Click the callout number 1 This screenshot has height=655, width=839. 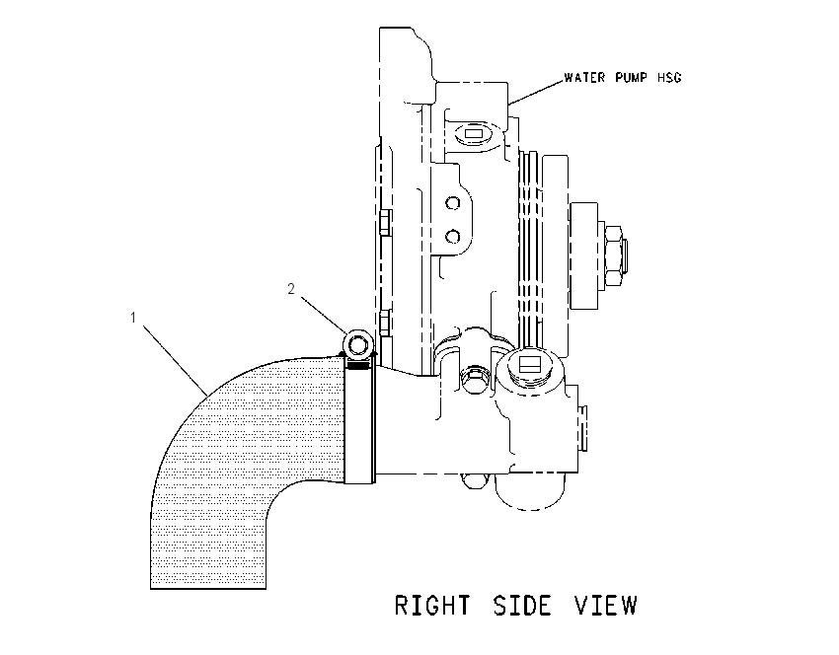pyautogui.click(x=133, y=318)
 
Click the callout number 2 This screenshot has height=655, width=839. pyautogui.click(x=291, y=289)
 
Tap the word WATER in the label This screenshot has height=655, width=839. pyautogui.click(x=585, y=78)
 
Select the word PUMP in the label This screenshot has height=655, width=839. pyautogui.click(x=631, y=78)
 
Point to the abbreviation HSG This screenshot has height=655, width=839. pyautogui.click(x=669, y=78)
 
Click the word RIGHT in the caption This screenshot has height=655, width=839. pyautogui.click(x=433, y=606)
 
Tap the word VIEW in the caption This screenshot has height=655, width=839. pyautogui.click(x=606, y=606)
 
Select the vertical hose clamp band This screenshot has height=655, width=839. pyautogui.click(x=359, y=421)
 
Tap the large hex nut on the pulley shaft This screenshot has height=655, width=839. pyautogui.click(x=613, y=255)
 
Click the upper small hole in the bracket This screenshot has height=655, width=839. pyautogui.click(x=453, y=203)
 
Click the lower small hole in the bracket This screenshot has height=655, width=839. pyautogui.click(x=453, y=236)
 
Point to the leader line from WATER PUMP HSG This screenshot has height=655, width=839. pyautogui.click(x=537, y=91)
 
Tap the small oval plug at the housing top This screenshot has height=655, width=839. pyautogui.click(x=474, y=133)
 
